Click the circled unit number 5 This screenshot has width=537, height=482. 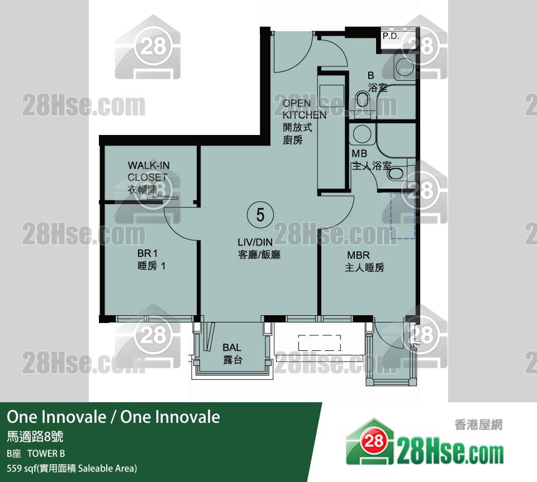click(260, 215)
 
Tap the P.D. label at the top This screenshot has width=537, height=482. click(391, 36)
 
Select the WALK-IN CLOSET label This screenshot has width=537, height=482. click(148, 178)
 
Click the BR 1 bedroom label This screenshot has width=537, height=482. click(151, 259)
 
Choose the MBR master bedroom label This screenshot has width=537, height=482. click(364, 261)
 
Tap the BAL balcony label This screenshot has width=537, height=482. click(232, 354)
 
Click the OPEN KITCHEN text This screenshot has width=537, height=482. click(304, 109)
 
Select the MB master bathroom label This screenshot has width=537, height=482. click(371, 160)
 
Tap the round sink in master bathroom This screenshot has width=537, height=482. click(362, 134)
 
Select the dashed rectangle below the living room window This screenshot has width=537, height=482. click(320, 343)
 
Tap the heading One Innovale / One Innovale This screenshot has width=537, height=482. click(113, 417)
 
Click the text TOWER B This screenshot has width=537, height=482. click(46, 454)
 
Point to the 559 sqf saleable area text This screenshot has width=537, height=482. click(72, 468)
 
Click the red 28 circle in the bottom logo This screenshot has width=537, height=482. click(373, 441)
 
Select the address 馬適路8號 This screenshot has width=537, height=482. click(35, 437)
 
